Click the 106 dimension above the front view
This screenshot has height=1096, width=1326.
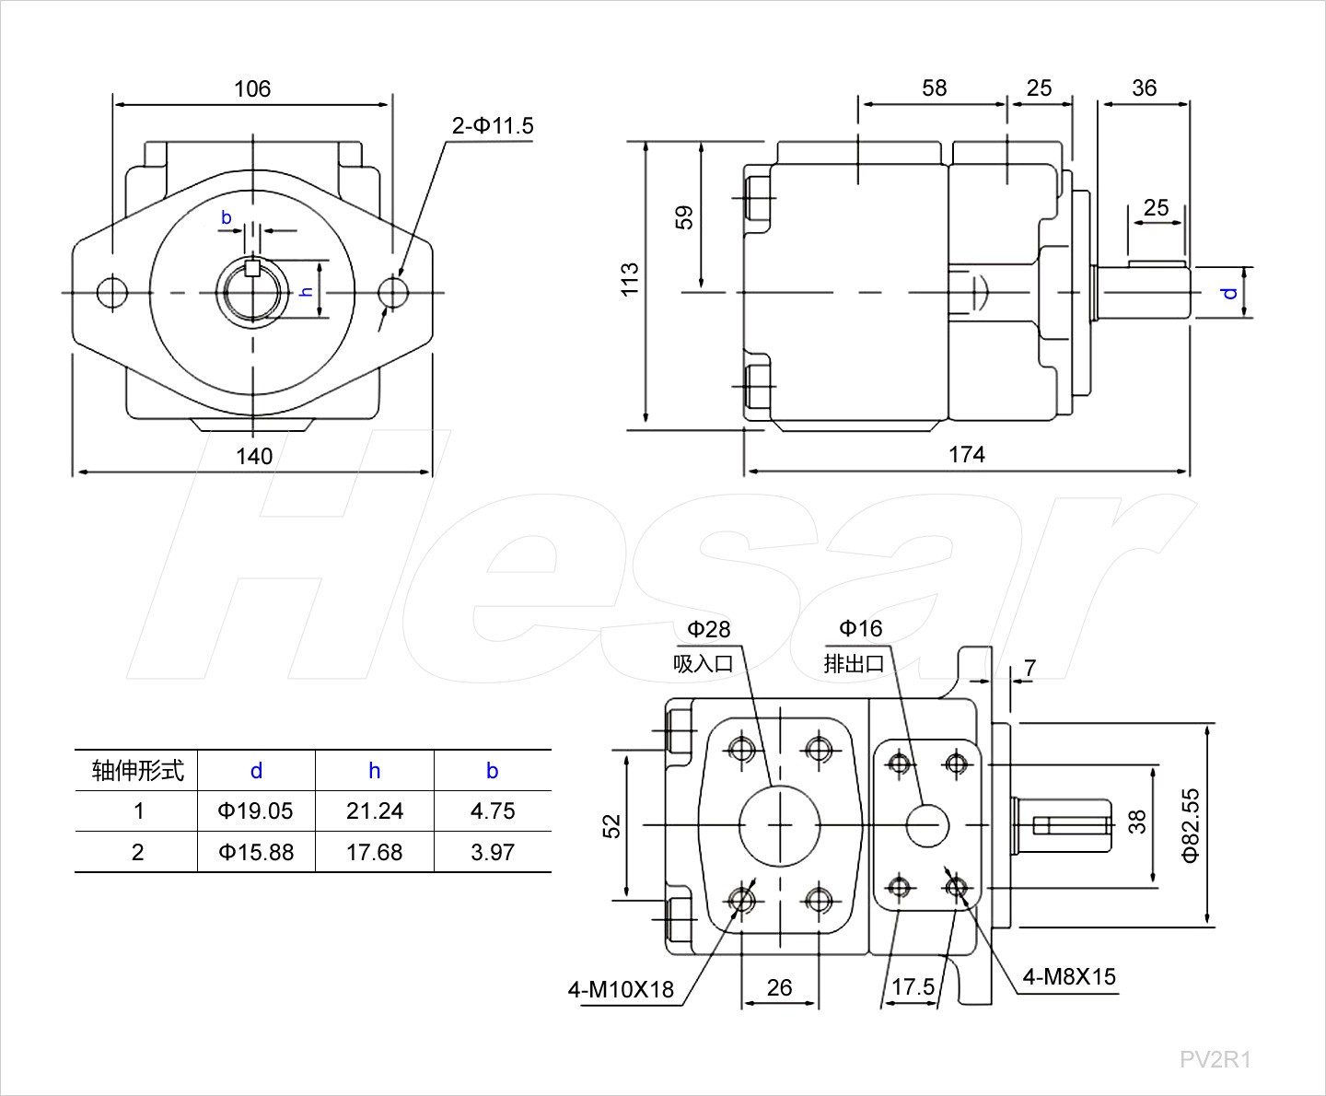click(x=252, y=88)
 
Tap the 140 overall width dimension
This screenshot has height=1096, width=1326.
click(x=254, y=456)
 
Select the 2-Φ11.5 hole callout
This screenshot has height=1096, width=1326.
click(x=493, y=125)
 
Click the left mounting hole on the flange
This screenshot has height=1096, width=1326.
click(x=112, y=293)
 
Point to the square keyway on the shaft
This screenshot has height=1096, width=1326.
click(x=253, y=270)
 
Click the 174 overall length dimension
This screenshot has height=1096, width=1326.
click(x=967, y=454)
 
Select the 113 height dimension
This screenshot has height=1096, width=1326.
click(x=630, y=279)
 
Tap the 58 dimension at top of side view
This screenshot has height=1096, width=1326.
click(x=934, y=87)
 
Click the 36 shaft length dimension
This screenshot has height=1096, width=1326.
click(x=1144, y=87)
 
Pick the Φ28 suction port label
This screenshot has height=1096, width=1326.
click(x=708, y=629)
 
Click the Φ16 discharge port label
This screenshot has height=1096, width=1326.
click(x=860, y=628)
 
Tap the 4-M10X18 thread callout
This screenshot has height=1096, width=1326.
click(x=621, y=990)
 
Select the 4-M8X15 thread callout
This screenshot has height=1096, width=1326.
click(x=1069, y=976)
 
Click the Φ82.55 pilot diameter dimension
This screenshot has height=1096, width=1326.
click(x=1191, y=824)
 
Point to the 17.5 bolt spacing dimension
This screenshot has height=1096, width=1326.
click(x=913, y=987)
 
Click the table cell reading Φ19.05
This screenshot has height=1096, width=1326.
click(x=256, y=810)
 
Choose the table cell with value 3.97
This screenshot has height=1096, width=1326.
click(x=493, y=852)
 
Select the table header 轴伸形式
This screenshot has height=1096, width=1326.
click(x=137, y=770)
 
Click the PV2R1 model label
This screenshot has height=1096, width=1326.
click(x=1215, y=1059)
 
